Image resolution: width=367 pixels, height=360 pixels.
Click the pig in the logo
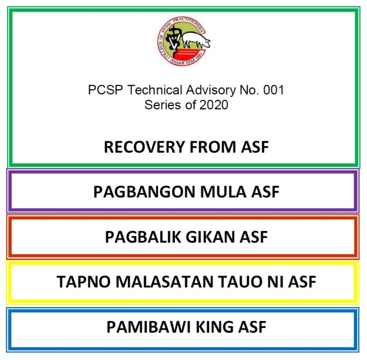point(196,40)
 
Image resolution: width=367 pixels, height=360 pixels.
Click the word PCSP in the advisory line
point(106,90)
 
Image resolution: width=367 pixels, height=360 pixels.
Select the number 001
point(273,90)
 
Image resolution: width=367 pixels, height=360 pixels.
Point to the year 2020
point(214,105)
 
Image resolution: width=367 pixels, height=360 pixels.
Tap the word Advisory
point(211,90)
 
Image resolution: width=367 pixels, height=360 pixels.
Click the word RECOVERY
point(145,147)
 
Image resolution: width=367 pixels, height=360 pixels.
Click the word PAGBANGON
point(145,192)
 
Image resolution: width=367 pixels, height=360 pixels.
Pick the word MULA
point(223,192)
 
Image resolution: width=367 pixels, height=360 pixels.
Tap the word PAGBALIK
point(143,237)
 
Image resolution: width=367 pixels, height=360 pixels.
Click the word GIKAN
point(210,237)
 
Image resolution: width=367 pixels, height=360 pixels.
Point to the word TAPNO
point(83,282)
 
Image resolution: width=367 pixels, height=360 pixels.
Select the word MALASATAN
point(165,282)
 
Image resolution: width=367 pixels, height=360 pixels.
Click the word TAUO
point(240,282)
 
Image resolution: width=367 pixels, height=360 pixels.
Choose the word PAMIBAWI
point(149,327)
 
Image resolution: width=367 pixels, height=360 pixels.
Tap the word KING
point(215,327)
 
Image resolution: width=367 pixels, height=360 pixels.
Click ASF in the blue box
point(252,327)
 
